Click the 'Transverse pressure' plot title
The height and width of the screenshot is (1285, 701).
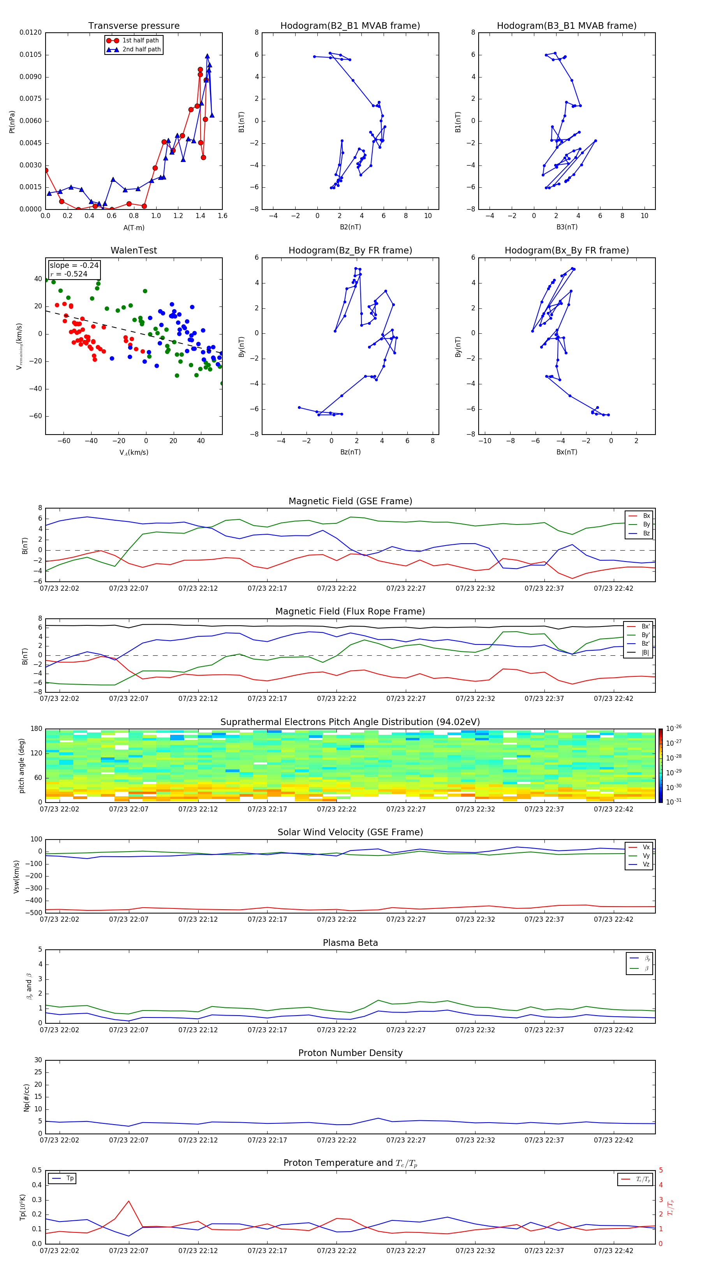coord(134,26)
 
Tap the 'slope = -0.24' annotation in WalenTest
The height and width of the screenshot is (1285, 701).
coord(74,266)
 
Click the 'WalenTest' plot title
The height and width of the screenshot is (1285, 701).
coord(134,250)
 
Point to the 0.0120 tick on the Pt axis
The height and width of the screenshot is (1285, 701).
coord(30,32)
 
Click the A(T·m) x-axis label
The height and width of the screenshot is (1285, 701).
coord(134,227)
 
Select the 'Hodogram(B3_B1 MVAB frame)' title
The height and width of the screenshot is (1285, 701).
coord(566,26)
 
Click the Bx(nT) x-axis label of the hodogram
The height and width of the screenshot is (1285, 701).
coord(566,452)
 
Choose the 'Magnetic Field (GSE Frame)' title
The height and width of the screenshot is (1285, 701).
coord(350,501)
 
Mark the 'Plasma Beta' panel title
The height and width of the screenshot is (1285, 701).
coord(350,943)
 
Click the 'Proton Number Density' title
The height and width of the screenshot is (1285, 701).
coord(350,1053)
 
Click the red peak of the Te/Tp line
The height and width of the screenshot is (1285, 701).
coord(129,1201)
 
